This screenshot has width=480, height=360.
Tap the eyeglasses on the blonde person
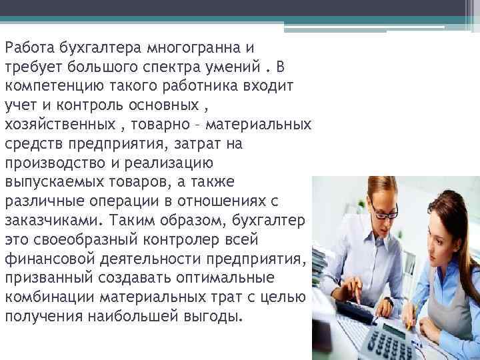(x=383, y=213)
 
